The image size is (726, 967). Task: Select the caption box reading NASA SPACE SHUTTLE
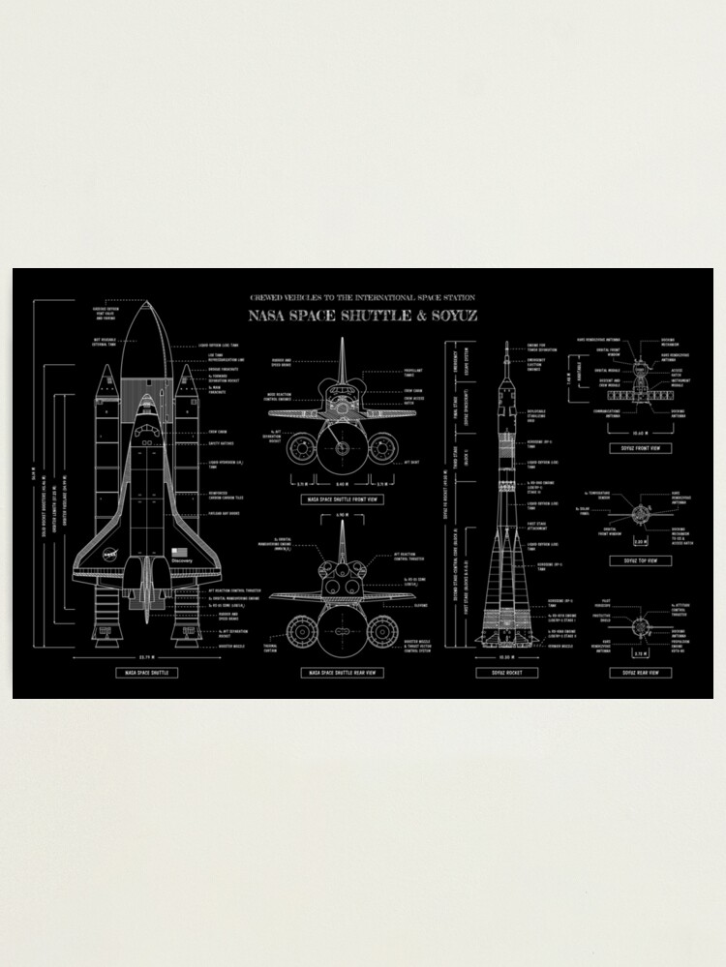pyautogui.click(x=145, y=672)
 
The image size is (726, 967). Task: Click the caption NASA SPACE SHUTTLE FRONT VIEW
pyautogui.click(x=342, y=499)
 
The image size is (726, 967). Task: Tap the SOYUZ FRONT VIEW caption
pyautogui.click(x=640, y=448)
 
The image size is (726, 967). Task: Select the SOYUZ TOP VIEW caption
pyautogui.click(x=640, y=560)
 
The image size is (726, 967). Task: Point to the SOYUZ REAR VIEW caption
pyautogui.click(x=640, y=672)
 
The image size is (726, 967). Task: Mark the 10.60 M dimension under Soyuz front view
pyautogui.click(x=640, y=433)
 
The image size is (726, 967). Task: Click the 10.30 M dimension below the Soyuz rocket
pyautogui.click(x=506, y=655)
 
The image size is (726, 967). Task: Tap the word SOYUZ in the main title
pyautogui.click(x=454, y=316)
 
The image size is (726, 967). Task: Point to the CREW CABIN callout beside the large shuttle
pyautogui.click(x=217, y=432)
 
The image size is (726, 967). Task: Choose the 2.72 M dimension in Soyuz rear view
pyautogui.click(x=640, y=654)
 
